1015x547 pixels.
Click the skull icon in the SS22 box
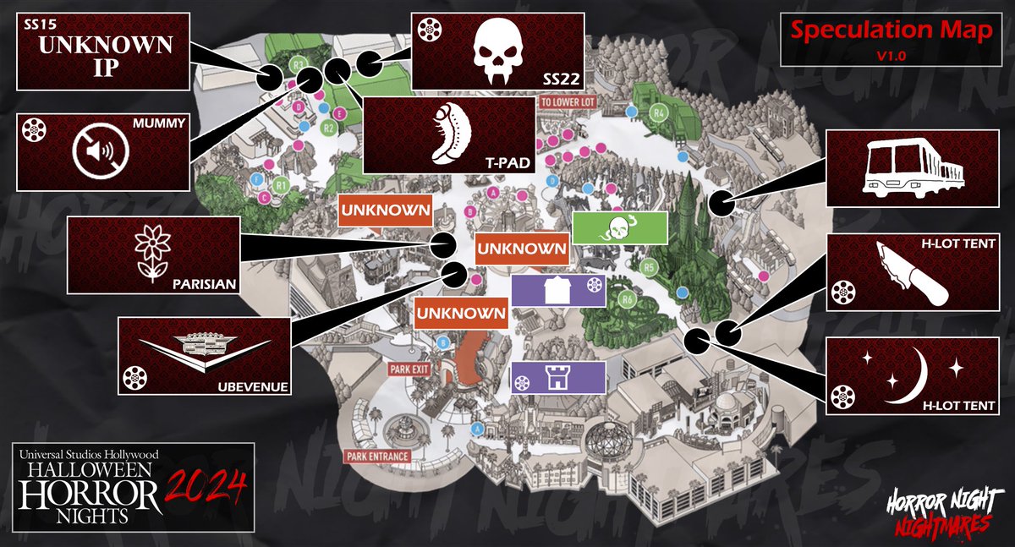(x=497, y=50)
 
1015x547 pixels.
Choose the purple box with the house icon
(x=559, y=290)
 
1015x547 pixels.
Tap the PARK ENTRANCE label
(x=378, y=457)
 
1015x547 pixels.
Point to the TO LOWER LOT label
(x=569, y=101)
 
